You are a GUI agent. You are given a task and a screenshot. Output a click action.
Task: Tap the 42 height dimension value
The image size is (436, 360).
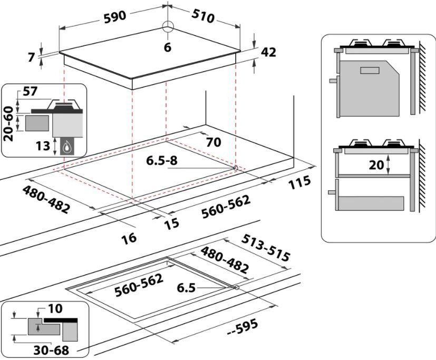point(268,52)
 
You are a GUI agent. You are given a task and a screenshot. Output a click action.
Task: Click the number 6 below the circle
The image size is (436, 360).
point(168,47)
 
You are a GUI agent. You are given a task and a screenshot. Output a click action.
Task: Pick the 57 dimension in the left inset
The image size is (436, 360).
point(31,92)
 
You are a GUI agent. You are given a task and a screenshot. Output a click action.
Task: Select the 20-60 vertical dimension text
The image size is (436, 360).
point(7,123)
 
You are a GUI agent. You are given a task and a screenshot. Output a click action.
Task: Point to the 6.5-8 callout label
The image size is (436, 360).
point(162,161)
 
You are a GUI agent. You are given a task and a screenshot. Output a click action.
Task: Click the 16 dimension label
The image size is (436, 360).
point(128,237)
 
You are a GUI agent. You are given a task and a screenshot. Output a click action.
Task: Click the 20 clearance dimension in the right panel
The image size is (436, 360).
point(376,165)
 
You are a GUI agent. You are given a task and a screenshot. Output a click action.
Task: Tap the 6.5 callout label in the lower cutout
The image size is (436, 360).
point(187,288)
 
